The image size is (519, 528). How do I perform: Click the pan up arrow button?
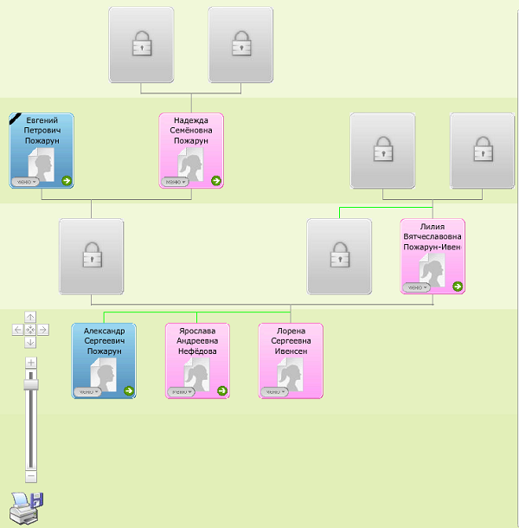[30, 317]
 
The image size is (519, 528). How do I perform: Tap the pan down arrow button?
[30, 342]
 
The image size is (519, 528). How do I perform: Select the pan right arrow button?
[43, 330]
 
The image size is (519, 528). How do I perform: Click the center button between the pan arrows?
[30, 330]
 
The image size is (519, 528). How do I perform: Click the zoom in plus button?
[31, 362]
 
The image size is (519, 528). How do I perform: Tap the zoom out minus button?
[31, 475]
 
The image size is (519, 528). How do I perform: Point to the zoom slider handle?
[31, 380]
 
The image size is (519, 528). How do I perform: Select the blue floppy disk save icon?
[37, 500]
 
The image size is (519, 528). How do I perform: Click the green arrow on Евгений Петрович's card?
[67, 180]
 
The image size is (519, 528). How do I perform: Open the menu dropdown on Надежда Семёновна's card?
[175, 182]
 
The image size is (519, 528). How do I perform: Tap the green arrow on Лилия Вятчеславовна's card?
[457, 287]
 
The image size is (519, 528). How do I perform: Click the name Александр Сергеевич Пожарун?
[104, 341]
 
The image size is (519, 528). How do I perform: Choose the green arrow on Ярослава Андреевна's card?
[221, 391]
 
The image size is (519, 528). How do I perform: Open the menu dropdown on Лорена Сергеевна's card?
[274, 392]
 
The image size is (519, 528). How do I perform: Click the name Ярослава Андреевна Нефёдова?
[196, 341]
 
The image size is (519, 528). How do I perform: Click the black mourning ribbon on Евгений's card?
[15, 118]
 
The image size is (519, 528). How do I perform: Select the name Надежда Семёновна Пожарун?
[191, 131]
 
